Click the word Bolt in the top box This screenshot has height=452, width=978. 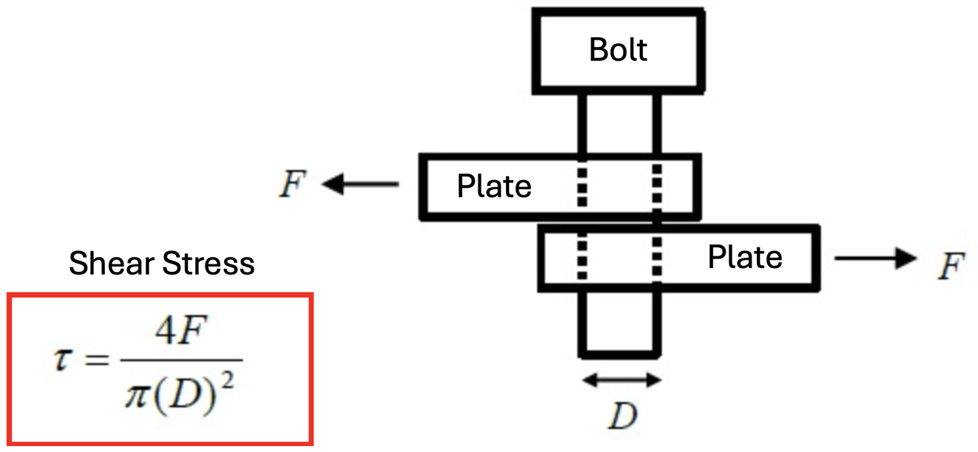pos(618,50)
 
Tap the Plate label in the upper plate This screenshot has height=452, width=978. pos(494,187)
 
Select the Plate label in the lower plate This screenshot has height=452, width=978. pos(745,258)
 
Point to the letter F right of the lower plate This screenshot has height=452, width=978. pos(951,267)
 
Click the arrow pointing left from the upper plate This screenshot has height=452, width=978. pos(361,185)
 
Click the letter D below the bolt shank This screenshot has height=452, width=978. pos(622,416)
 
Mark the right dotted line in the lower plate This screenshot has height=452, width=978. pos(657,257)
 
